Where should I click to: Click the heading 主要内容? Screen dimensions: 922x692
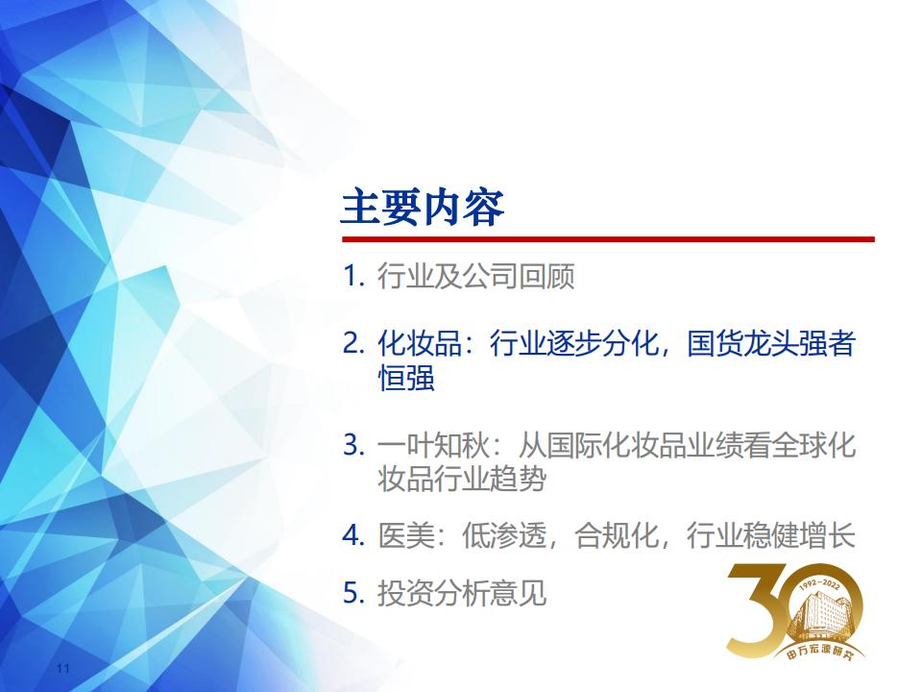click(423, 208)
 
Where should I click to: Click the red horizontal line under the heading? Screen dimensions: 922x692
click(608, 239)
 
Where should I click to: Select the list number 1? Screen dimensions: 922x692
click(353, 276)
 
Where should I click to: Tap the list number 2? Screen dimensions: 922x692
click(353, 343)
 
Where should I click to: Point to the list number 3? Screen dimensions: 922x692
click(353, 444)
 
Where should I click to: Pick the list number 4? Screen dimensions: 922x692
click(353, 535)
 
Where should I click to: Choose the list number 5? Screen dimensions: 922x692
click(353, 593)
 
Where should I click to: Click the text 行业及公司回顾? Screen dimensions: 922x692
click(475, 276)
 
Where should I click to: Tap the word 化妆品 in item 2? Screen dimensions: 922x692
click(420, 343)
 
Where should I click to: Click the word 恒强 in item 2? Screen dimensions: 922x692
click(405, 378)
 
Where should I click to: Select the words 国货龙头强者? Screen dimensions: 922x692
click(770, 343)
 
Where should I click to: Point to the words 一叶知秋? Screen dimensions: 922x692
click(433, 444)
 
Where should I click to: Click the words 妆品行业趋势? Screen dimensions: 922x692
click(462, 479)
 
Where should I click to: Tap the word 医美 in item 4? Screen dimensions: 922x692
click(405, 535)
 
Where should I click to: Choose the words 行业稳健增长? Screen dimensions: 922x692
click(770, 535)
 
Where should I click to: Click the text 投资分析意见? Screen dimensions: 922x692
click(462, 593)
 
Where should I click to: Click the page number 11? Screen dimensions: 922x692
click(63, 669)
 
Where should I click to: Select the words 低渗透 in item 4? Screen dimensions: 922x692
click(504, 535)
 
